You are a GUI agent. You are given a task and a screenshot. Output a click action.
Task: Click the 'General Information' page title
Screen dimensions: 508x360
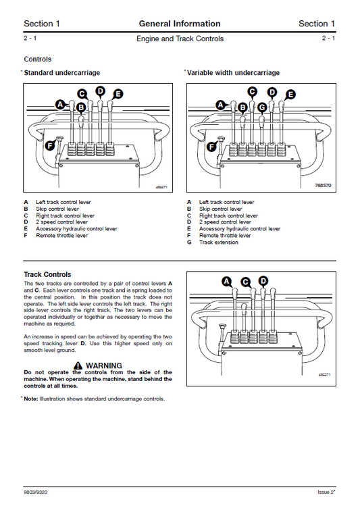click(x=180, y=24)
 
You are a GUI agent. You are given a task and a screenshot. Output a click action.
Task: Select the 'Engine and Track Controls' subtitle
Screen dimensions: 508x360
click(x=180, y=39)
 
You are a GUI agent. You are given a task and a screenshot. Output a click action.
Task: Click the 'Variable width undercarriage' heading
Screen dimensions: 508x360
click(x=233, y=73)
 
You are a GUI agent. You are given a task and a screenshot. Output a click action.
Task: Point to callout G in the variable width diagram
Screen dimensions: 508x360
click(x=262, y=107)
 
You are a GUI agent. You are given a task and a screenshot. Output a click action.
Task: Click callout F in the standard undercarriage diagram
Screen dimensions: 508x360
click(x=49, y=145)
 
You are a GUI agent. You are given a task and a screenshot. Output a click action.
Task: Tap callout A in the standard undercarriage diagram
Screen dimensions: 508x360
click(x=60, y=104)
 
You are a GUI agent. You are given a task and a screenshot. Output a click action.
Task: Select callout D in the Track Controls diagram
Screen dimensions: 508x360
click(x=263, y=280)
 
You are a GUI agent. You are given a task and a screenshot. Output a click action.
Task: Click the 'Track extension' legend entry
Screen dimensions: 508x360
click(x=218, y=243)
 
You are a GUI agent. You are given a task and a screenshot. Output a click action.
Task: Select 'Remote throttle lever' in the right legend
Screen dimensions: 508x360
click(x=225, y=236)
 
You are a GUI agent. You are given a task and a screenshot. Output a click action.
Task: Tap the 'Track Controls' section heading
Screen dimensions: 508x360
click(x=47, y=274)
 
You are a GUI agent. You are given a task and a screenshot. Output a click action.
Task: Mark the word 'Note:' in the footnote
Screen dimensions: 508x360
click(x=31, y=399)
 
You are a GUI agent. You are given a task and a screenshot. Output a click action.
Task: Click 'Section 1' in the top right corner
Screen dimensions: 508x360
click(x=317, y=24)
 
